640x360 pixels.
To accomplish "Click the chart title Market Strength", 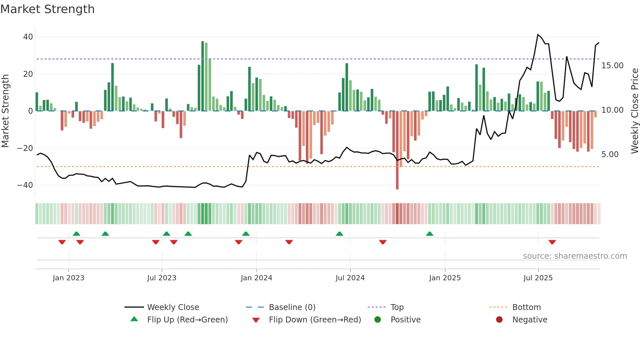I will click(47, 9).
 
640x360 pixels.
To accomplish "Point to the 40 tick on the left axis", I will click(28, 37).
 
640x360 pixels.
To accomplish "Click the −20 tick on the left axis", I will click(25, 148).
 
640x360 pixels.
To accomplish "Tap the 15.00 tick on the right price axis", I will click(612, 66).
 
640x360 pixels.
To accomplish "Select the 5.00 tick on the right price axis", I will click(610, 155).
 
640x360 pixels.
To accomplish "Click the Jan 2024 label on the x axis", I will click(256, 278).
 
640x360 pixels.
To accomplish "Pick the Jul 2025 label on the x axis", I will click(538, 278).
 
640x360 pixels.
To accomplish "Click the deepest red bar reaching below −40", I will click(397, 150).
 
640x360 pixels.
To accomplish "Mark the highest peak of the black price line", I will click(538, 35).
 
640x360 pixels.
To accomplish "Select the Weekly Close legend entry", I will click(173, 307).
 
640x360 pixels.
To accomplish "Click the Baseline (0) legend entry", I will click(292, 307).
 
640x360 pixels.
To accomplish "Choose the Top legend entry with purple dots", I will click(397, 307).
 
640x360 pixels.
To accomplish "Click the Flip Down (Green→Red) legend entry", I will click(314, 320).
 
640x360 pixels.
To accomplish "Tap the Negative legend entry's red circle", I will click(499, 320).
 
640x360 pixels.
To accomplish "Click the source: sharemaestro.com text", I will click(575, 256).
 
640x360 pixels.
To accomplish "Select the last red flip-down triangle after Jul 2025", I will click(552, 242).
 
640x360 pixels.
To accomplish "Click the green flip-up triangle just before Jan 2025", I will click(430, 234).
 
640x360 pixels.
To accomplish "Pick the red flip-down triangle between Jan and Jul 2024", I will click(289, 242).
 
